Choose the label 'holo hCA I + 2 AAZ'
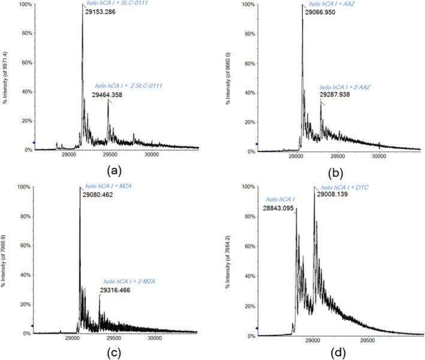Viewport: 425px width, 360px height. tap(346, 87)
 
